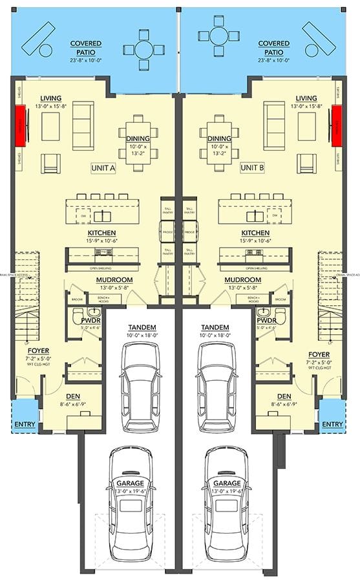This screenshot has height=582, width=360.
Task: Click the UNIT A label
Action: pos(103,167)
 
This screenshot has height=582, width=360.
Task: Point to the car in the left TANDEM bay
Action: pos(141,382)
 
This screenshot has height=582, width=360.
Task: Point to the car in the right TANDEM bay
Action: pos(217,382)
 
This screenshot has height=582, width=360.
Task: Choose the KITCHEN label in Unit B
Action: pos(255,233)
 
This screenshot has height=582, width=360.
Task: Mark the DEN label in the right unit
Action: pos(284,396)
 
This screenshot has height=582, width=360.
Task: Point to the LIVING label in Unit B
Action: pos(303,98)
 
